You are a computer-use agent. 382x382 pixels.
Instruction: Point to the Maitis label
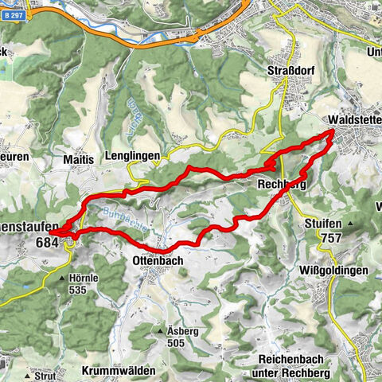click(x=79, y=159)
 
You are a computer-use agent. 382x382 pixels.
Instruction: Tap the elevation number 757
click(x=332, y=238)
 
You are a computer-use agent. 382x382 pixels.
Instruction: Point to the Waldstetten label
click(x=355, y=120)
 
